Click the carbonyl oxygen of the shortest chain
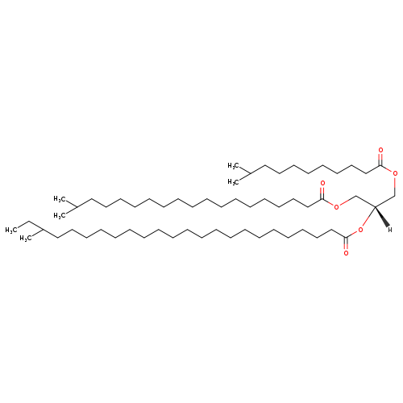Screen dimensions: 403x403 click(x=380, y=150)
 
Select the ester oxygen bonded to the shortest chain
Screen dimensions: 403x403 click(x=395, y=173)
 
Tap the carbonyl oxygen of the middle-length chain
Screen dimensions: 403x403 click(x=322, y=183)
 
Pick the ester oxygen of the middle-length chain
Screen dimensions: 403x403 click(x=336, y=206)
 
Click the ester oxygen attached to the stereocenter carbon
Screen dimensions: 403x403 click(x=360, y=230)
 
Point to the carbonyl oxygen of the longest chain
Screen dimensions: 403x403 click(x=346, y=253)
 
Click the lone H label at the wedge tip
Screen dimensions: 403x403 click(x=390, y=230)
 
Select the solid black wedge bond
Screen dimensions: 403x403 click(x=381, y=216)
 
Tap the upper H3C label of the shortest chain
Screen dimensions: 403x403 click(x=233, y=166)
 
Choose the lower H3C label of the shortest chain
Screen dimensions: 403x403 click(x=233, y=182)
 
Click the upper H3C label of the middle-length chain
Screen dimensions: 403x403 click(x=60, y=199)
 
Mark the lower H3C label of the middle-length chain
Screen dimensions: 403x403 click(x=60, y=215)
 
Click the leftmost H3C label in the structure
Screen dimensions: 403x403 click(x=11, y=230)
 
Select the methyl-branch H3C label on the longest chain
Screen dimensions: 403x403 click(x=26, y=239)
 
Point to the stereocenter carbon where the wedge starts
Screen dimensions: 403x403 click(x=375, y=206)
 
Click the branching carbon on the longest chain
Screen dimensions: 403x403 click(x=43, y=230)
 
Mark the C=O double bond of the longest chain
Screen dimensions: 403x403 click(x=346, y=243)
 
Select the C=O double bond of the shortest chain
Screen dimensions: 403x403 click(x=380, y=160)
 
